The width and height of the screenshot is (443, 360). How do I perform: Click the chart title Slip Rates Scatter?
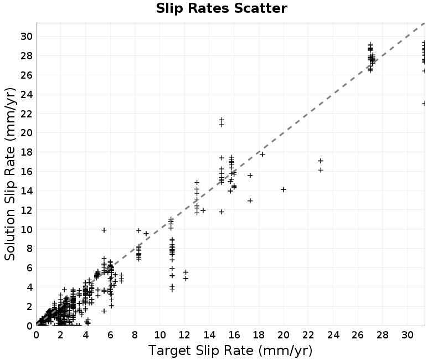click(x=221, y=8)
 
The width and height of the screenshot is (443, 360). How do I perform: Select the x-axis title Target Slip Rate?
click(x=201, y=351)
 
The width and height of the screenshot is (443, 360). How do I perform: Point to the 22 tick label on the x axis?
click(x=308, y=335)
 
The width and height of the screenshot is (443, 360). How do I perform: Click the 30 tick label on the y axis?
click(x=26, y=36)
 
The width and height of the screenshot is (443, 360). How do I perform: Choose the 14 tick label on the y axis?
click(x=26, y=191)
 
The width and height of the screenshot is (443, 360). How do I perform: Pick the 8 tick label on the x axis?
click(x=135, y=335)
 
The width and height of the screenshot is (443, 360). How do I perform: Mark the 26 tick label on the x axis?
click(x=357, y=335)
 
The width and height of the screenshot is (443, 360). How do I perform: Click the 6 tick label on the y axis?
click(x=29, y=268)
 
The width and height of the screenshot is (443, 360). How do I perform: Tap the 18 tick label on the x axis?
click(x=259, y=335)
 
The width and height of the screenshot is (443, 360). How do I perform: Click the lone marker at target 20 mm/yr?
click(x=284, y=189)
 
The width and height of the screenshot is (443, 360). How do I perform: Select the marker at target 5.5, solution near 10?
click(x=104, y=230)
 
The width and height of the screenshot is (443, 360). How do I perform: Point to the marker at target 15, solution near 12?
click(x=221, y=212)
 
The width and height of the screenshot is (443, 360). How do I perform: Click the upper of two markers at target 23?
click(x=321, y=161)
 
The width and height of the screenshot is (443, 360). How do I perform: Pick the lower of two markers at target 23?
click(x=321, y=170)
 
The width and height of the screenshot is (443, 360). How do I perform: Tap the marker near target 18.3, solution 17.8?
click(x=262, y=155)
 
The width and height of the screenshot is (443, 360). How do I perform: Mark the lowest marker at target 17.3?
click(x=250, y=200)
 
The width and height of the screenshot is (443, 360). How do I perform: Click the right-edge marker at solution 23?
click(x=424, y=104)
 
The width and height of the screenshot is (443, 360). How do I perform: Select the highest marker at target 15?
click(x=221, y=120)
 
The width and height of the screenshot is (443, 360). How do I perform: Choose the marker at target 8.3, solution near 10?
click(x=139, y=230)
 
